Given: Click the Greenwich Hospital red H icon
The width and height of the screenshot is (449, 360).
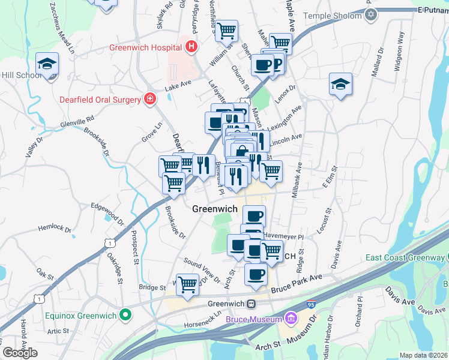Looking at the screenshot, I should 191,46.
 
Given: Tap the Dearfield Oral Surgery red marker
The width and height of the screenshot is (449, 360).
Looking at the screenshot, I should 149,99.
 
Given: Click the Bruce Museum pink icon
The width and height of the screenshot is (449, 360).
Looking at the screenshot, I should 292,317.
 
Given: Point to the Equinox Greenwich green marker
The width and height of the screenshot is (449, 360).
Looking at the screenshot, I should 125,314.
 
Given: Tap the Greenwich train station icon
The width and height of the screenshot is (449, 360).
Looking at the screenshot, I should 253,304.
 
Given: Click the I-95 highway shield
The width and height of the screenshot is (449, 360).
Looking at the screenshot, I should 310,289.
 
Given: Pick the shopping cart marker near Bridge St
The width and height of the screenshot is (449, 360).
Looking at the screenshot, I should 188,284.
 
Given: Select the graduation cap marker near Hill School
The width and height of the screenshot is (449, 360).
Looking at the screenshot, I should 46,64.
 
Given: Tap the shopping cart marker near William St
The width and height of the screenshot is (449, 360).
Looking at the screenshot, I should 226,30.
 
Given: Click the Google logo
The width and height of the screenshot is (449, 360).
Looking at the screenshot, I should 20,352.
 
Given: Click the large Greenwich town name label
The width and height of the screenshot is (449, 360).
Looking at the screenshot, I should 215,209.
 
